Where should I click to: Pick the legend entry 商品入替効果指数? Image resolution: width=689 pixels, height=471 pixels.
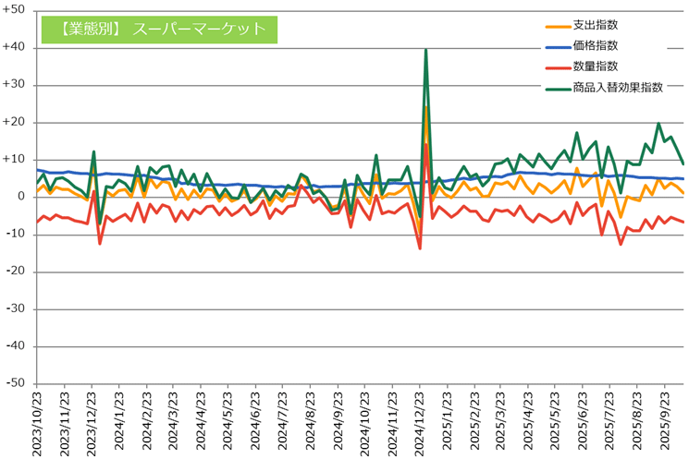click(618, 88)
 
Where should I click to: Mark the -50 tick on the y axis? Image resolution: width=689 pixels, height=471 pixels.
click(16, 383)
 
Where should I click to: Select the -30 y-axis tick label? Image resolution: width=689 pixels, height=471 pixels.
click(16, 308)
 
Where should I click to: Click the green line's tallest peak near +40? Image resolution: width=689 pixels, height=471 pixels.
click(425, 50)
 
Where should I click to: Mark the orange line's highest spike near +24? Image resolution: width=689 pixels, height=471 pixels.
click(425, 107)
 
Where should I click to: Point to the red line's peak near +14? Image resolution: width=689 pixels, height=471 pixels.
click(425, 144)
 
